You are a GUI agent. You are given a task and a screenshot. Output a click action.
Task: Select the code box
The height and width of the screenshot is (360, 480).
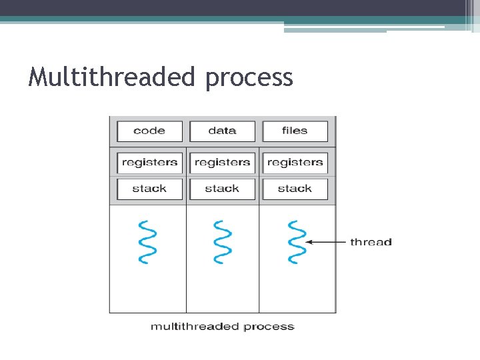149,131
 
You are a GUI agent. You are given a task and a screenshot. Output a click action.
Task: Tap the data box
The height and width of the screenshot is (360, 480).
222,131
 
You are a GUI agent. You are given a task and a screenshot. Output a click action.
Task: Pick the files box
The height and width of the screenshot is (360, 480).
295,131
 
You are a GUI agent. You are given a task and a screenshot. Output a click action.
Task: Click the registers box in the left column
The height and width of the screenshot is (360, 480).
149,162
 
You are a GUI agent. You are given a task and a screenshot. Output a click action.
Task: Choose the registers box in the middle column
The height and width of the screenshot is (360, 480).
222,162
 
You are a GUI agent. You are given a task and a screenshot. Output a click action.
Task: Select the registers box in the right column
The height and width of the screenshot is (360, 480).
295,162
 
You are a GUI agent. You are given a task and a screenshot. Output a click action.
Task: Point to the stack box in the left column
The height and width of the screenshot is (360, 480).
149,189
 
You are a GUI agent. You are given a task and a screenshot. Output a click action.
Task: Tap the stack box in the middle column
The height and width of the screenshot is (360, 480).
222,189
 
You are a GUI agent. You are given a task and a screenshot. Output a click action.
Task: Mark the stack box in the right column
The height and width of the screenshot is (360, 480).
295,189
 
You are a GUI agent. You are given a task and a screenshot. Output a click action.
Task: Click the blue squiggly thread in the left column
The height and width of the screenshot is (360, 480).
147,242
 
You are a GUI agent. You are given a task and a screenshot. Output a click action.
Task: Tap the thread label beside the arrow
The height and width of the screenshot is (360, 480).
371,242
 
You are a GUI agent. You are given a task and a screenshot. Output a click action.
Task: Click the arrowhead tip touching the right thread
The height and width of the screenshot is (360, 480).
308,242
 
